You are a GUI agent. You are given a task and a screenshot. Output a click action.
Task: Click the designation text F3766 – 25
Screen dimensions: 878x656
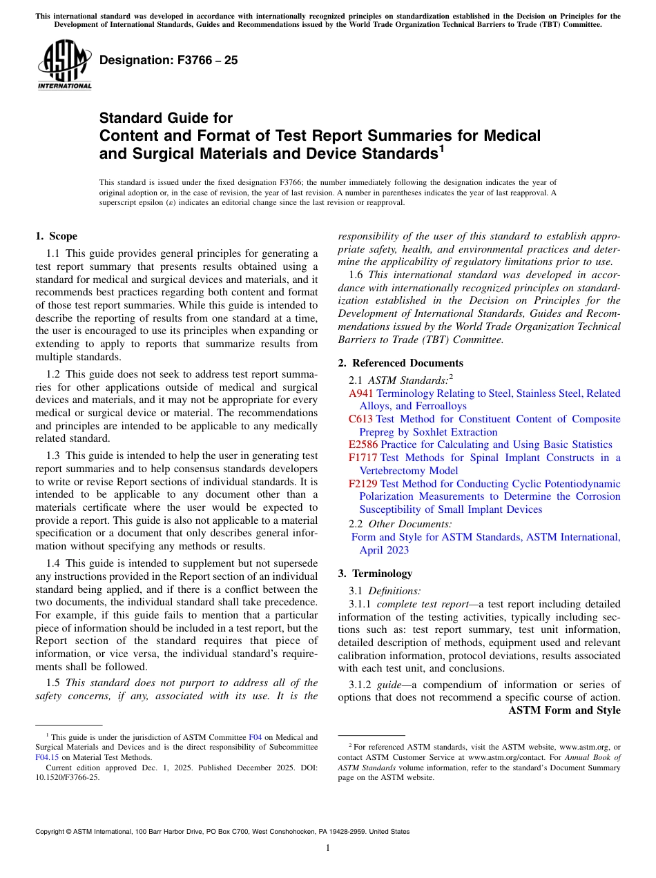pos(168,60)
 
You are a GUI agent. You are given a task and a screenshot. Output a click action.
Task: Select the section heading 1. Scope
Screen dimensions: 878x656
pos(56,236)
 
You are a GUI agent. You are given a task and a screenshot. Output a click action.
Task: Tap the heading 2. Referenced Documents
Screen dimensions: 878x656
pos(401,363)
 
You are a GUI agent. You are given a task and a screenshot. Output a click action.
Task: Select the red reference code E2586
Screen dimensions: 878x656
pos(363,445)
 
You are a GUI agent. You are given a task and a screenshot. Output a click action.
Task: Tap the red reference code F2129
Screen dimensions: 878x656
pos(363,484)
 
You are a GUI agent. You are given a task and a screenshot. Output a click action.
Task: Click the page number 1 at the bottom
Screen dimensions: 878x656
pos(328,848)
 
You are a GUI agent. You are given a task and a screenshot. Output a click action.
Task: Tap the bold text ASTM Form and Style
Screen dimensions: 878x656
pos(564,710)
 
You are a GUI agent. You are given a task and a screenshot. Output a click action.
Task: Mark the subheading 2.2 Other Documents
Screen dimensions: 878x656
pos(401,524)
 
